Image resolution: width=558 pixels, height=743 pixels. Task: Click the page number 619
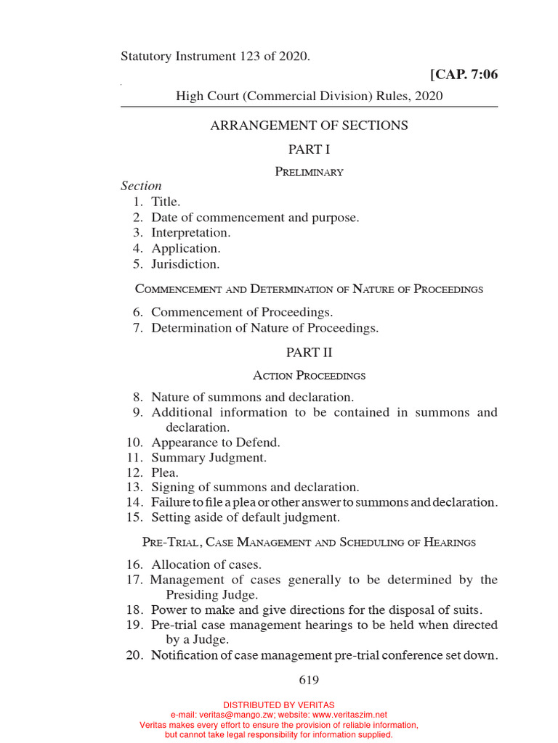(x=309, y=680)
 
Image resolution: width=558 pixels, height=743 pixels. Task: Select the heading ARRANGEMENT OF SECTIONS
(x=309, y=126)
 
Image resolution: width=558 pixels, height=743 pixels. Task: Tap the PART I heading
(x=309, y=149)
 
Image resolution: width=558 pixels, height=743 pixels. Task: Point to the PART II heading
(x=309, y=353)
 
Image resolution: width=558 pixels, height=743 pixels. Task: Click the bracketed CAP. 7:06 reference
(x=464, y=74)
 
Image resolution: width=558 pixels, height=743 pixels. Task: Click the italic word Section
(x=141, y=186)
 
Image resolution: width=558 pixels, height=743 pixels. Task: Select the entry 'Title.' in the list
(x=166, y=202)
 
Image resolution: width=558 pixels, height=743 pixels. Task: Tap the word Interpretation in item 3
(x=190, y=233)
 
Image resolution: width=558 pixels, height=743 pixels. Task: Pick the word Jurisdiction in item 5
(x=185, y=264)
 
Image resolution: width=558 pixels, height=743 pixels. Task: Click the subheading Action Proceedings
(x=309, y=376)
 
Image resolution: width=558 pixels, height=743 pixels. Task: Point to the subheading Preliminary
(x=309, y=172)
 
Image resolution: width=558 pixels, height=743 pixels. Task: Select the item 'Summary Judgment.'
(x=209, y=458)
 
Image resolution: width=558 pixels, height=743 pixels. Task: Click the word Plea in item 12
(x=163, y=473)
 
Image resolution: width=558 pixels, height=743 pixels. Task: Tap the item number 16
(x=135, y=565)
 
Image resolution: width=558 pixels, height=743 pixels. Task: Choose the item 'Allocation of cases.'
(x=206, y=565)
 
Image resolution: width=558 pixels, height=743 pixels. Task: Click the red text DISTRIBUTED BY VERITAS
(x=279, y=705)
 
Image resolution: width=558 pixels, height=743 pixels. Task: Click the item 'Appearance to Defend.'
(x=215, y=443)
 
